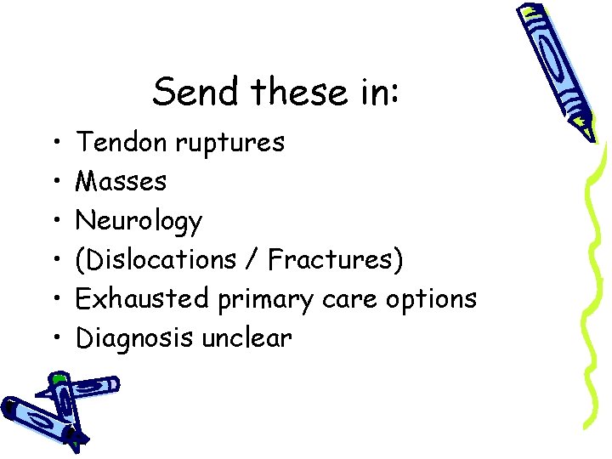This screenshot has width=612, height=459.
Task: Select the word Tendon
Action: [122, 142]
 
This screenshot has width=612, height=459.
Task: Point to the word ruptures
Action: [229, 144]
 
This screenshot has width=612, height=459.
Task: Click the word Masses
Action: [122, 181]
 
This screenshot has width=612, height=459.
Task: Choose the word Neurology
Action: [139, 222]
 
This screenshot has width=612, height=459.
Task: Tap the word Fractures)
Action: [335, 260]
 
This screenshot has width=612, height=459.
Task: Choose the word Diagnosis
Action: [136, 339]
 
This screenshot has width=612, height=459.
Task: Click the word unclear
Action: [246, 338]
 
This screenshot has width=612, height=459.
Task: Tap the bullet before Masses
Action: [54, 181]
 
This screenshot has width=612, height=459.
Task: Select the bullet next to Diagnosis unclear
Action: [54, 338]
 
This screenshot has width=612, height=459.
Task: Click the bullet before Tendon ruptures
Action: [54, 142]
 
